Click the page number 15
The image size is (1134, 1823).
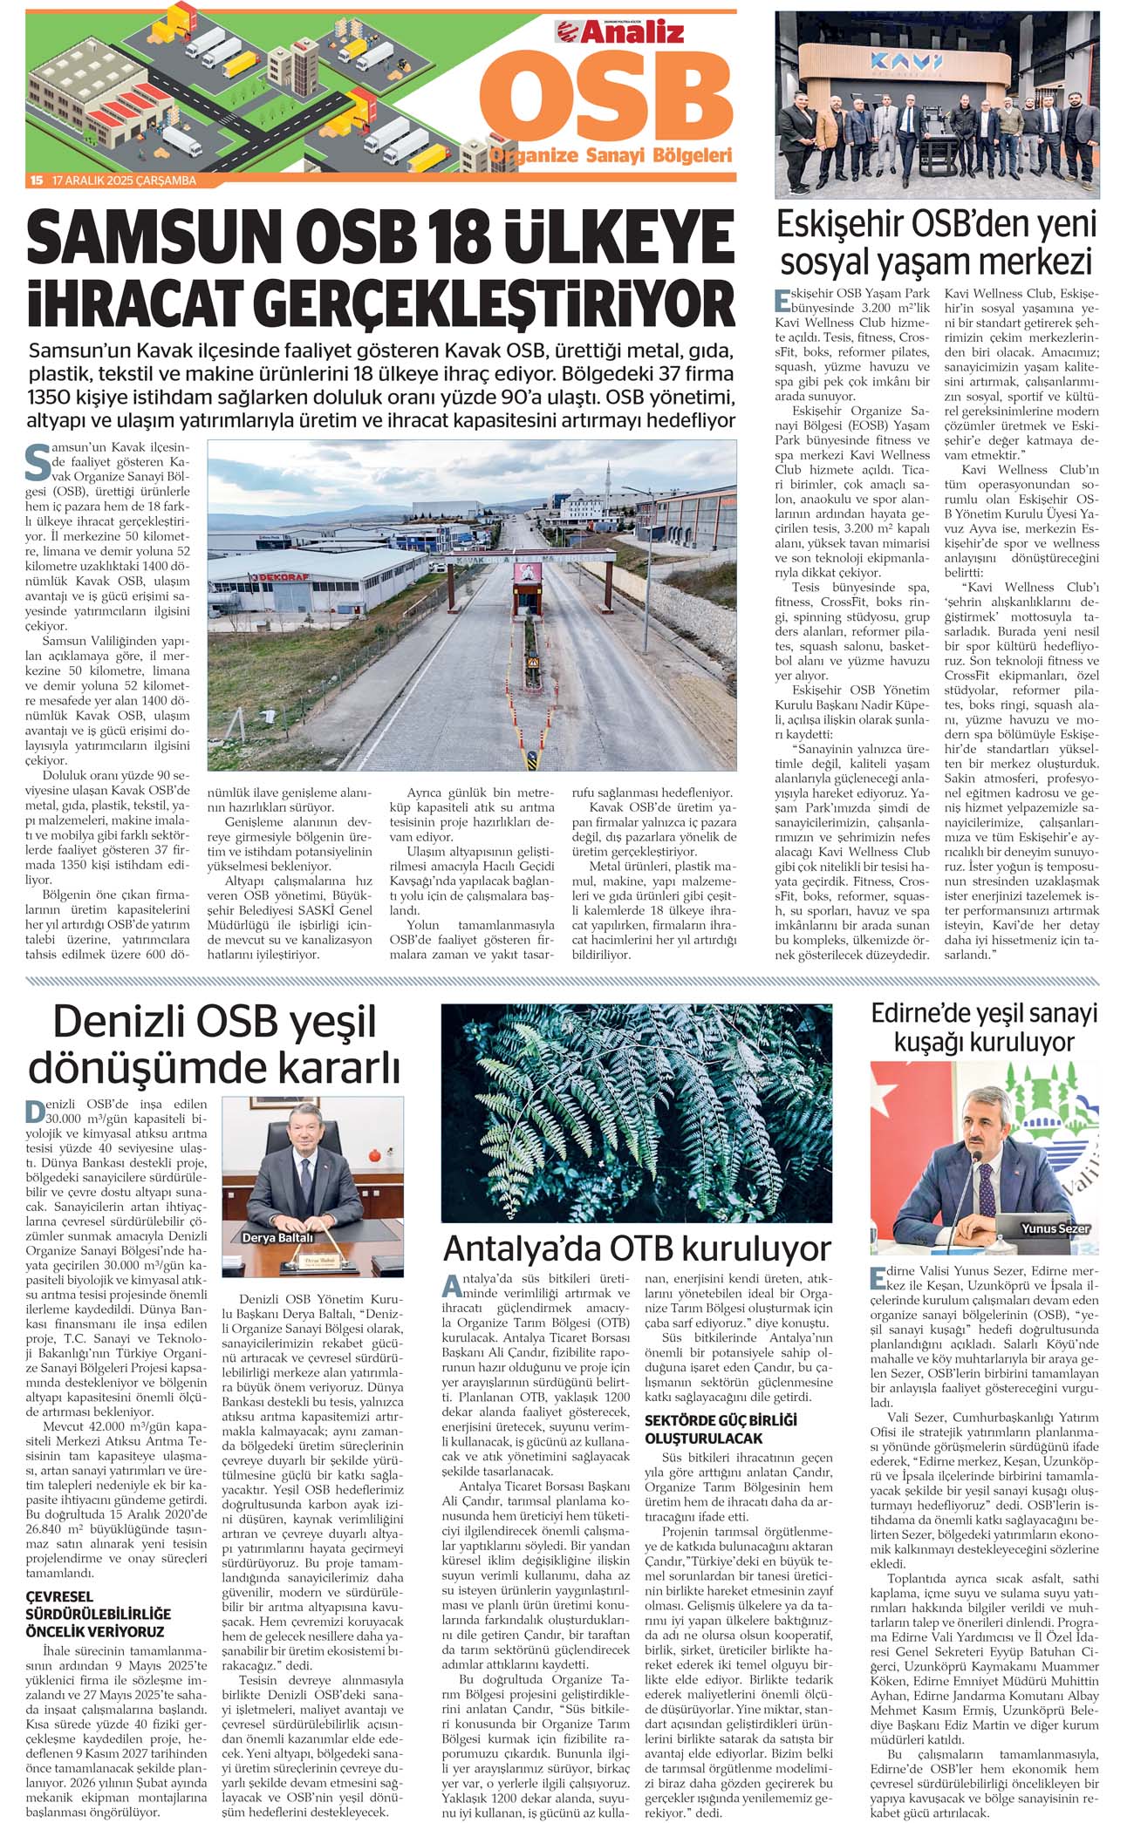[x=36, y=180]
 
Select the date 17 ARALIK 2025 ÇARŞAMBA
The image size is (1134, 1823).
[x=124, y=180]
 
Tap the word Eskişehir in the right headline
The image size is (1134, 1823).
[x=839, y=225]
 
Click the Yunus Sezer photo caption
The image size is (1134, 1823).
[x=1055, y=1228]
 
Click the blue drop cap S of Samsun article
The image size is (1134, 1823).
[x=38, y=463]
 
